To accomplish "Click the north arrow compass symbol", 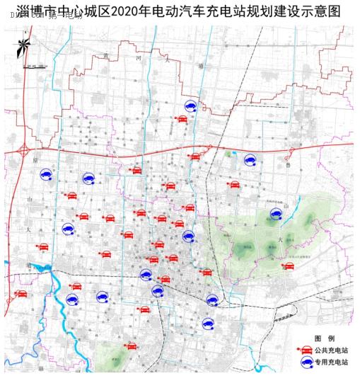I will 23,48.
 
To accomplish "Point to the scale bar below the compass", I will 32,67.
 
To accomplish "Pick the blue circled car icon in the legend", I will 306,362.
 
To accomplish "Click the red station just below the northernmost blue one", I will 182,118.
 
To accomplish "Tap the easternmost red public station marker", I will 288,266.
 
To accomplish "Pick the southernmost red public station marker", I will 132,346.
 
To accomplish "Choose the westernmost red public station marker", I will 22,293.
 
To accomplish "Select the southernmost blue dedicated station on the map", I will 208,324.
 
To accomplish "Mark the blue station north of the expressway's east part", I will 249,160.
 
